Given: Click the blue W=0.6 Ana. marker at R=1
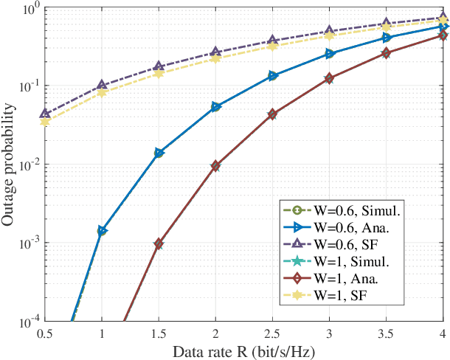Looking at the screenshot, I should (102, 231).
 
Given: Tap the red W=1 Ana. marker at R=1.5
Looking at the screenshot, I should (159, 244).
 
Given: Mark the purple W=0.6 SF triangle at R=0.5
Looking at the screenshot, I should (45, 114).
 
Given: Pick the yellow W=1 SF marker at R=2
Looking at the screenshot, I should (215, 58).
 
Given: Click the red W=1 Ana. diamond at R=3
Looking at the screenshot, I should (329, 78).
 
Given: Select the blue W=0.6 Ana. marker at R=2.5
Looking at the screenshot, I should (272, 76).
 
